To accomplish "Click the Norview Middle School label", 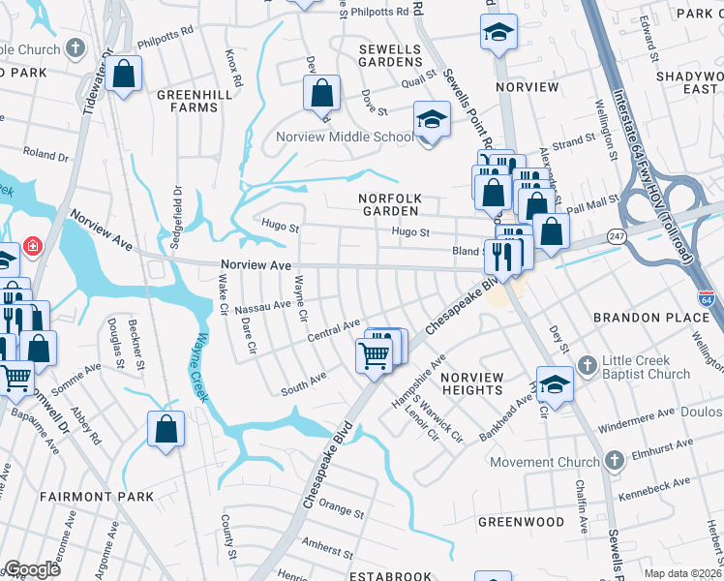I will (346, 137).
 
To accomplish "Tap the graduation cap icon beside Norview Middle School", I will (432, 120).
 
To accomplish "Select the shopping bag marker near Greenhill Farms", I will (125, 74).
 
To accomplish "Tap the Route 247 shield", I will (617, 235).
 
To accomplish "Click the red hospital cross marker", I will (34, 246).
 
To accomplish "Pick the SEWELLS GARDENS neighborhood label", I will (390, 55).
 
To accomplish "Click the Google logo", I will (31, 569).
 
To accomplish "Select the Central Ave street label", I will (334, 329).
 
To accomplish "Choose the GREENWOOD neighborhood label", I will (521, 522).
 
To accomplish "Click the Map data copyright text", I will (683, 573).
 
